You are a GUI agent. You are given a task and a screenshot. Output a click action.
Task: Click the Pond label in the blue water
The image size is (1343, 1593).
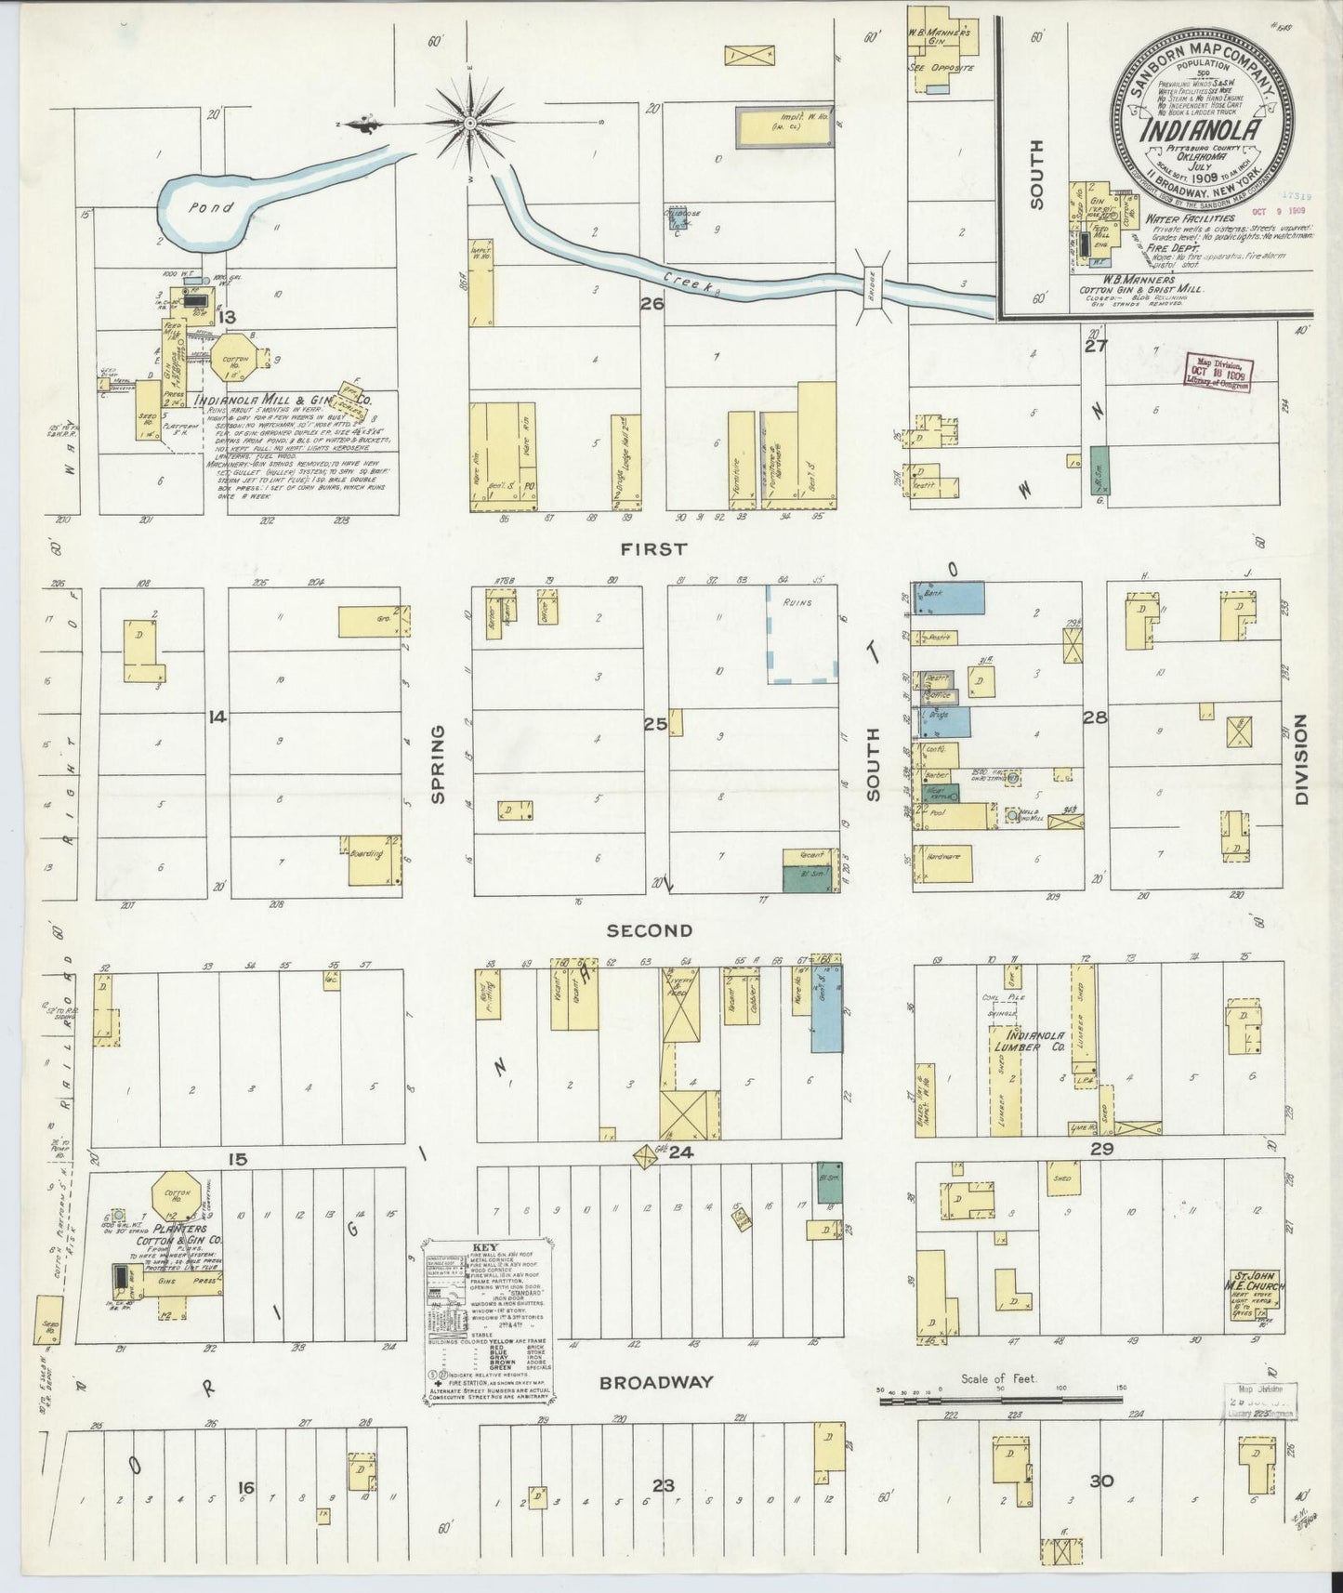(211, 207)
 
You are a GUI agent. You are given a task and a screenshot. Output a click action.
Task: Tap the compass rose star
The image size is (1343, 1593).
(470, 123)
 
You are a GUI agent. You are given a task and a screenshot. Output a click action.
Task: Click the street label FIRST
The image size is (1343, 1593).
(655, 549)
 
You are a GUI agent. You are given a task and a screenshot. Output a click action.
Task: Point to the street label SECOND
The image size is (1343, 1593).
(650, 930)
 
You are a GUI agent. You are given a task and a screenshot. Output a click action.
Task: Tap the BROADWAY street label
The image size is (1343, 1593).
(656, 1382)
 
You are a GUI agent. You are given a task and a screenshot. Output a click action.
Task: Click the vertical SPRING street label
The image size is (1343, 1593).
(438, 764)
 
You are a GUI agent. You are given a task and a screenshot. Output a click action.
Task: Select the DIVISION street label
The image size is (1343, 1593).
(1300, 759)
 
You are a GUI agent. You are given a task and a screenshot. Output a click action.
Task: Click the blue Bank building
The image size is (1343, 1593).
(949, 599)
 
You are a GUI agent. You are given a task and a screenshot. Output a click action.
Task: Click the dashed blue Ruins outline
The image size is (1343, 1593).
(802, 635)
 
